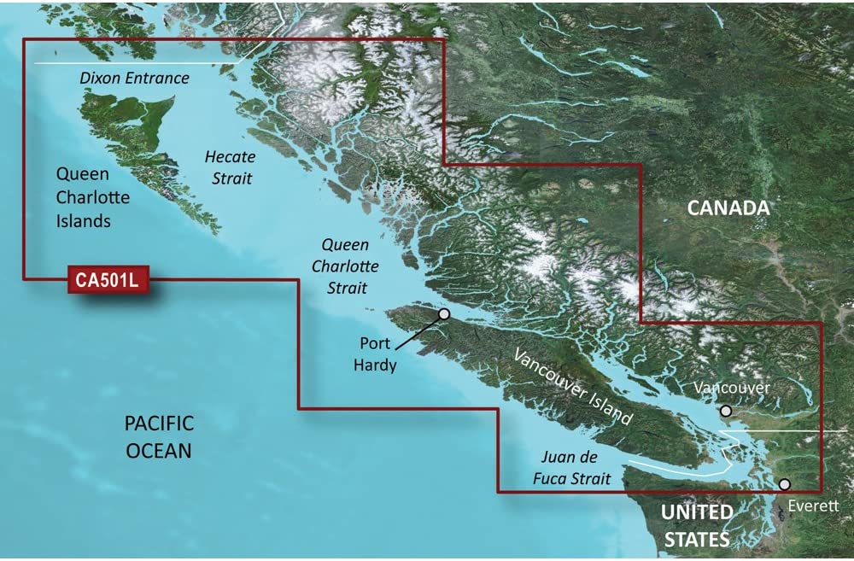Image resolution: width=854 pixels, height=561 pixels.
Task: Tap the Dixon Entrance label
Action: pos(134,79)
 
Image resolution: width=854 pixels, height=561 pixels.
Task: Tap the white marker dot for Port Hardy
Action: pos(444,314)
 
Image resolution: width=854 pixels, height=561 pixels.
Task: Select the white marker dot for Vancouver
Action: pos(726,411)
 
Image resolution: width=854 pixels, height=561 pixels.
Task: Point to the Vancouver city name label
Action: pos(732,388)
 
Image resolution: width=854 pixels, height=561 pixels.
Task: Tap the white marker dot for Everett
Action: pos(785,485)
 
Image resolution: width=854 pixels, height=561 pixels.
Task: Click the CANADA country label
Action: pos(728,208)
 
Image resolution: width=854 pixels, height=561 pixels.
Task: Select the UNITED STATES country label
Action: pos(698,525)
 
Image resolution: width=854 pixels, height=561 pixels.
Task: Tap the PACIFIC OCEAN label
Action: pos(159,435)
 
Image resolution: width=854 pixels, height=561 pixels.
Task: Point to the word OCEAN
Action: pos(159,449)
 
